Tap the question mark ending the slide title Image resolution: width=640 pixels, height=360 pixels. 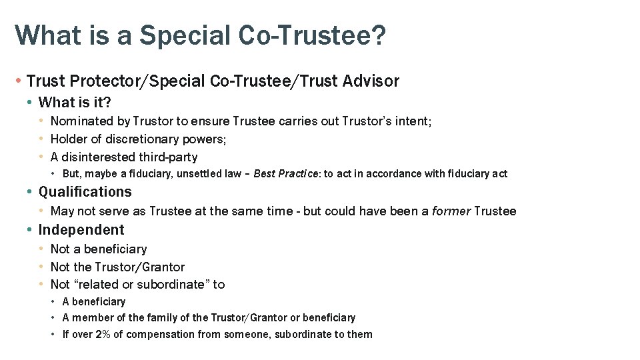point(378,36)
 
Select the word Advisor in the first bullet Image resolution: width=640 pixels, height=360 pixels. point(371,81)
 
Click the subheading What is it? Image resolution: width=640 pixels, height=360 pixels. point(75,103)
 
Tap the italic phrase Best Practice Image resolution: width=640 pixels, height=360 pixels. point(289,174)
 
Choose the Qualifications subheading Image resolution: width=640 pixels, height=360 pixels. point(85,192)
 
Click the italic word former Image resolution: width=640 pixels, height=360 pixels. point(451,211)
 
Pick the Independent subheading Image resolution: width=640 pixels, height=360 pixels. point(81,230)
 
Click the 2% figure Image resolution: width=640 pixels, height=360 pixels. point(103,335)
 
